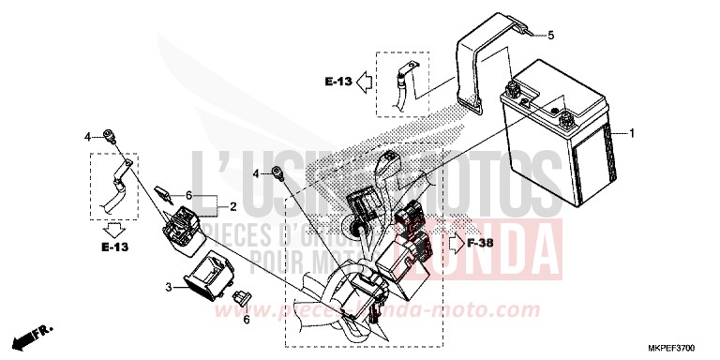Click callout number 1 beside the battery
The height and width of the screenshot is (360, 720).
coord(632,133)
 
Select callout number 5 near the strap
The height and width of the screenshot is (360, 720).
coord(550,36)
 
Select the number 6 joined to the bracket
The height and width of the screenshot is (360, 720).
coord(188,195)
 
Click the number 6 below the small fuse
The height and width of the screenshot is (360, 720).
coord(247,319)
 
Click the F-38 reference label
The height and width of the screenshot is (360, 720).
coord(480,245)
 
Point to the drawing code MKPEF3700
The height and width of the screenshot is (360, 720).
coord(680,348)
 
